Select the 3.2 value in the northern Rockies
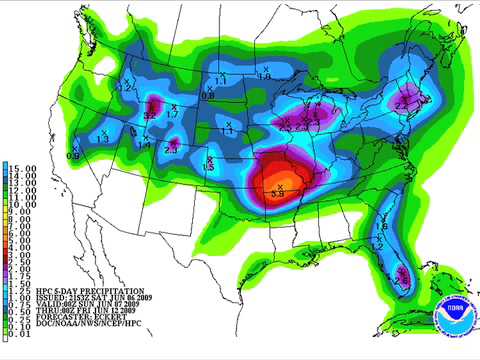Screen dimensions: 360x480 pyautogui.click(x=149, y=115)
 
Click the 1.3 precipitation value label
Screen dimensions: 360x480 pyautogui.click(x=103, y=139)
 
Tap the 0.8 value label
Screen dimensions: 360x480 pyautogui.click(x=207, y=96)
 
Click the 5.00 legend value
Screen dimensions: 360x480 pyautogui.click(x=23, y=241)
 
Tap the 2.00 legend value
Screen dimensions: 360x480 pyautogui.click(x=23, y=270)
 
